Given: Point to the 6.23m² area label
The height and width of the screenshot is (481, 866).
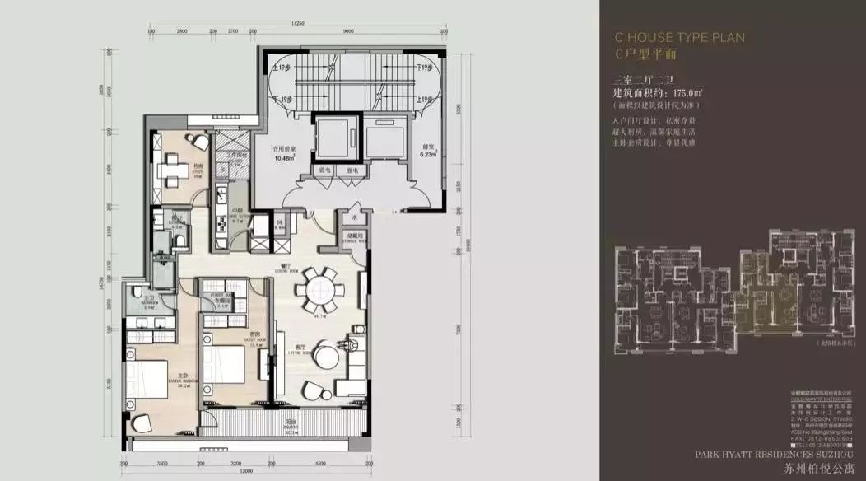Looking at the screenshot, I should pos(427,154).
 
